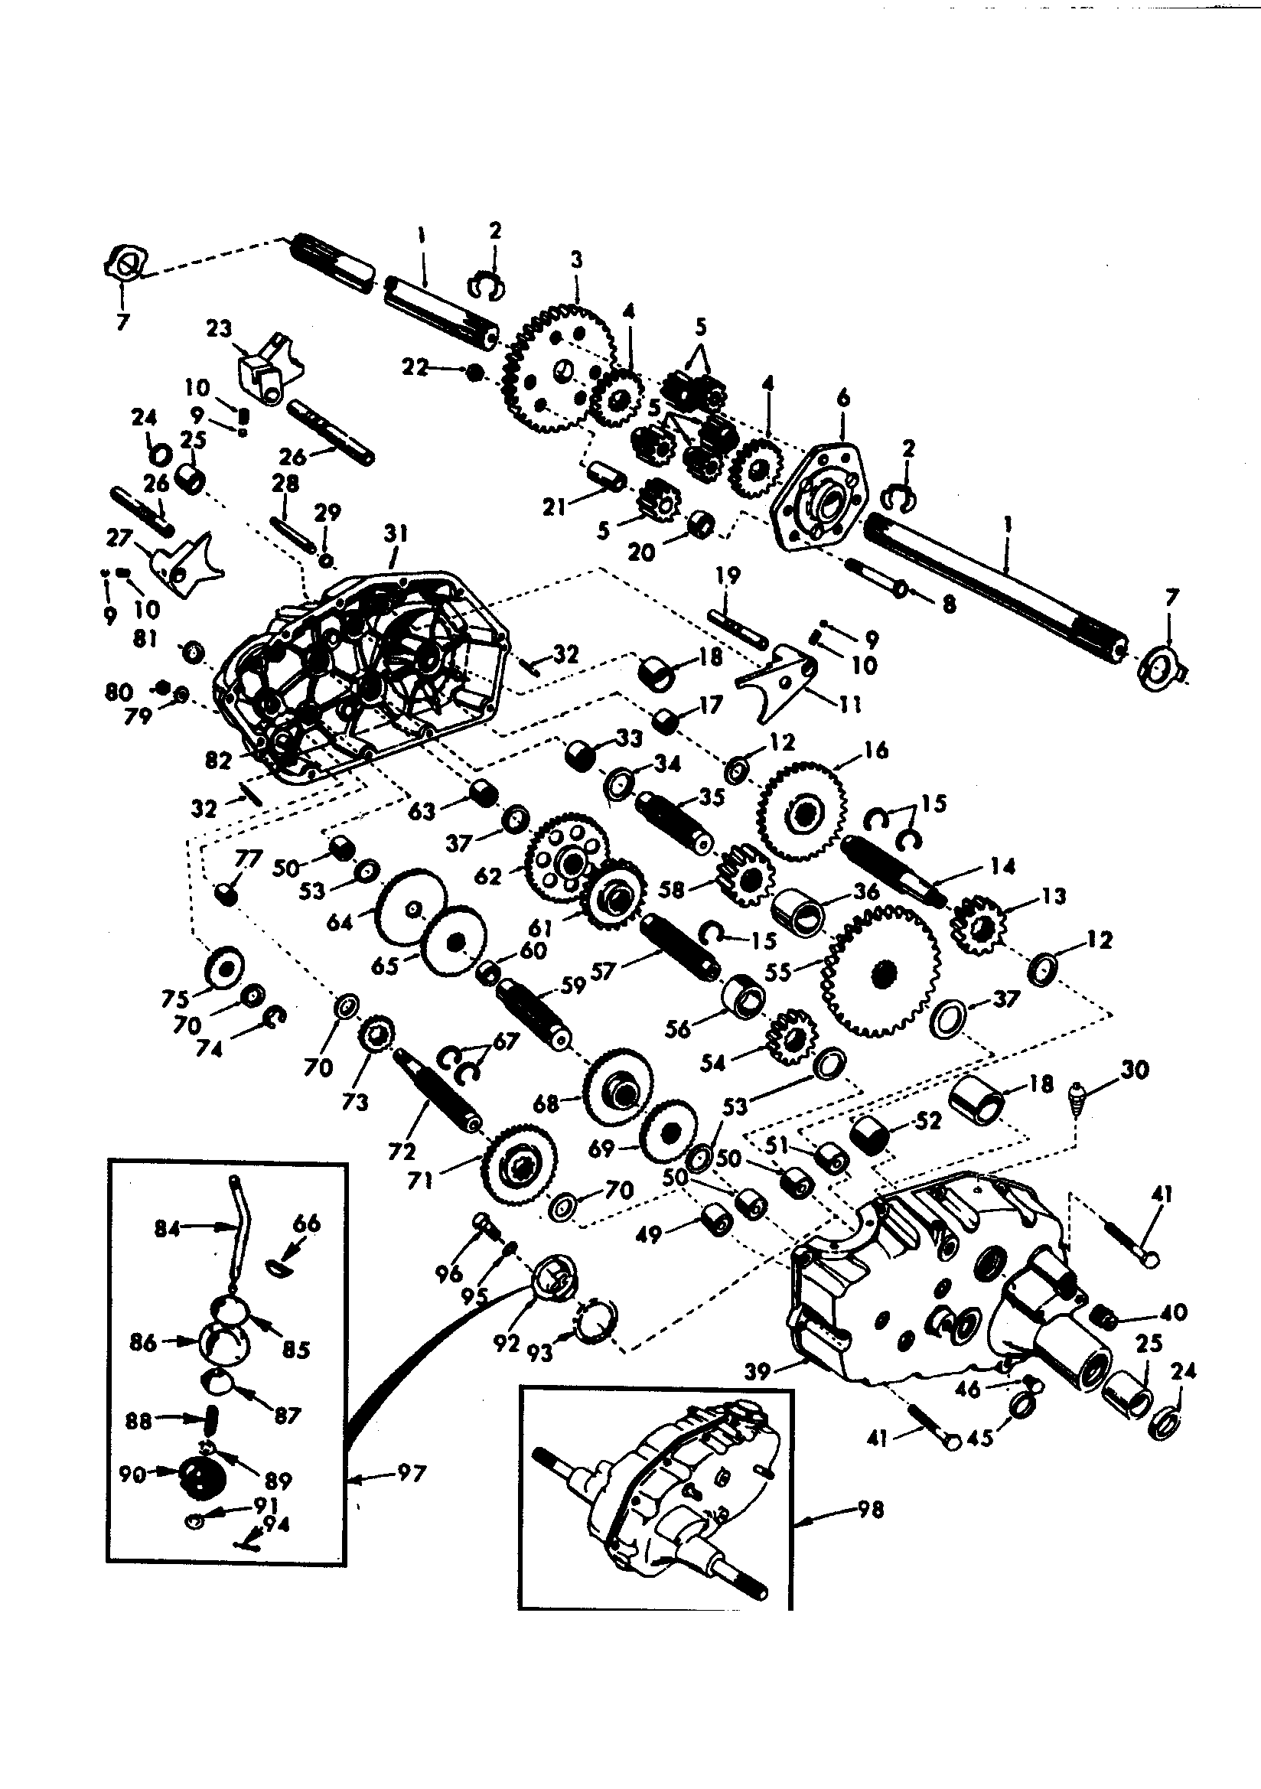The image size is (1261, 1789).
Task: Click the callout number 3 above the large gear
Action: pos(576,259)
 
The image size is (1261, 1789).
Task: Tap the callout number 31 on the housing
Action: pos(396,536)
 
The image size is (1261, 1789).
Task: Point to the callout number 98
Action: pos(871,1510)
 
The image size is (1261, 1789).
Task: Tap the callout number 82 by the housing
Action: pos(219,760)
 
